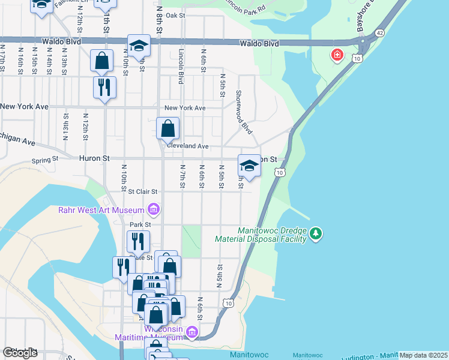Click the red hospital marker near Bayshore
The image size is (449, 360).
click(337, 56)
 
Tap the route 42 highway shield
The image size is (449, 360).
click(380, 33)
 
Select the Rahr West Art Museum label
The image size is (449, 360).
click(101, 210)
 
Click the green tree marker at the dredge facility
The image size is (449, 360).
click(316, 233)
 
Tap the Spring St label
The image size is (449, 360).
click(45, 160)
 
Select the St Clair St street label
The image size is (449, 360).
click(143, 191)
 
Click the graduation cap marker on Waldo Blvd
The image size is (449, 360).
click(138, 46)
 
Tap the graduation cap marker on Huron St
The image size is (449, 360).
click(249, 165)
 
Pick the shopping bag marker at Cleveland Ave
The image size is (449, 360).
click(167, 128)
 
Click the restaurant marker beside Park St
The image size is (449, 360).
click(138, 241)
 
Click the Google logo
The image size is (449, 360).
click(20, 353)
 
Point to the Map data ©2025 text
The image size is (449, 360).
click(423, 355)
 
